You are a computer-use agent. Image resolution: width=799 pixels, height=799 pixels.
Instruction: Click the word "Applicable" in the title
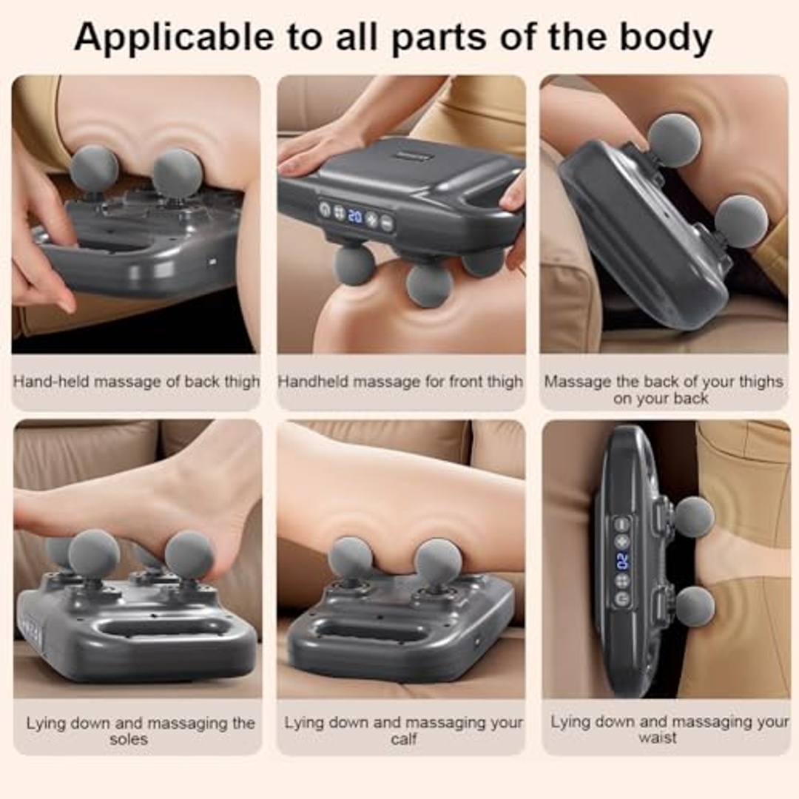tap(174, 38)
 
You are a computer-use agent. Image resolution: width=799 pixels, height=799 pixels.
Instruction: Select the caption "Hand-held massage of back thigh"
tap(136, 382)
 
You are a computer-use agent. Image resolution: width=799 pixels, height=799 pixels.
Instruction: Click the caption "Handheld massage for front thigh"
tap(400, 382)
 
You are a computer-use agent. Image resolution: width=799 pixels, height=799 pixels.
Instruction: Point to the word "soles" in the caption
tap(129, 739)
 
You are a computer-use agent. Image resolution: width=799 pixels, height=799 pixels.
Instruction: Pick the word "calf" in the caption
tap(404, 738)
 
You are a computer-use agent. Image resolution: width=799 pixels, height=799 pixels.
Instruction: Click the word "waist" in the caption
tap(658, 738)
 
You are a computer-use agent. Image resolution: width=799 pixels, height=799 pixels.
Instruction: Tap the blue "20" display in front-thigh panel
tap(354, 216)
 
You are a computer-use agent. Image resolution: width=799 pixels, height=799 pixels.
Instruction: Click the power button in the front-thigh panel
tap(325, 209)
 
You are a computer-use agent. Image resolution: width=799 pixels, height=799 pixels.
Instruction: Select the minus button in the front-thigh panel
tap(387, 223)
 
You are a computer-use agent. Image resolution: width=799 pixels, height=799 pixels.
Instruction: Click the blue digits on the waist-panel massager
tap(622, 561)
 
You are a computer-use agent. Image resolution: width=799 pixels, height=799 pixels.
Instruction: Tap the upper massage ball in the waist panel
tap(693, 516)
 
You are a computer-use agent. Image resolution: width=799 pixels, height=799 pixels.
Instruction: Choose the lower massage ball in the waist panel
tap(695, 605)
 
